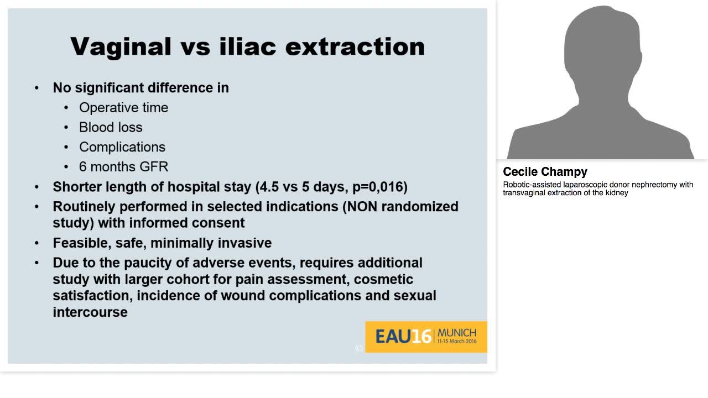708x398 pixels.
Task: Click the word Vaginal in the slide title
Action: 121,48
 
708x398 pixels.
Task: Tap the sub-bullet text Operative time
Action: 123,108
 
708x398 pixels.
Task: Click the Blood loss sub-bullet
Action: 111,127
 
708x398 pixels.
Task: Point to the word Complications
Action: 122,148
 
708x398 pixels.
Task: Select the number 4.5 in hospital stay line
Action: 269,187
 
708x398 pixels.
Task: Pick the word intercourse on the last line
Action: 90,312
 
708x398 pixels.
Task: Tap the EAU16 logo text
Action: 403,337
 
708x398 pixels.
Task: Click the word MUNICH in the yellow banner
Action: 457,333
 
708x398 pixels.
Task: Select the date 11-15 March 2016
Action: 457,341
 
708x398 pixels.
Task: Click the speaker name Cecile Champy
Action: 545,172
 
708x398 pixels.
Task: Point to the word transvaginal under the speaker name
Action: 524,193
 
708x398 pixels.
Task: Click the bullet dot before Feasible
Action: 37,243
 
